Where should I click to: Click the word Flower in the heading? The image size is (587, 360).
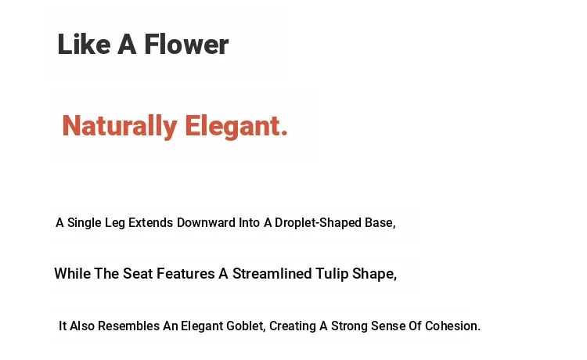point(186,45)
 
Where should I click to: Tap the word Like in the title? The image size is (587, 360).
point(84,45)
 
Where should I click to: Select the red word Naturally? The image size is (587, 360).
point(120,127)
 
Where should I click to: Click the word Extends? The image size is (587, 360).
point(150,223)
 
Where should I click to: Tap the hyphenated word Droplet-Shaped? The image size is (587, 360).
point(318,223)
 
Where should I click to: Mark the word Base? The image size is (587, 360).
point(380,223)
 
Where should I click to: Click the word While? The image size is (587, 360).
point(73,274)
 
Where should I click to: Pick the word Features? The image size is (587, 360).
point(185,274)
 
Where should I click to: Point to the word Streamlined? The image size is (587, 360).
point(272,274)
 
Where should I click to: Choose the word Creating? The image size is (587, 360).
point(293,326)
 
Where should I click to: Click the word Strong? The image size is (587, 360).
point(349,326)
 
